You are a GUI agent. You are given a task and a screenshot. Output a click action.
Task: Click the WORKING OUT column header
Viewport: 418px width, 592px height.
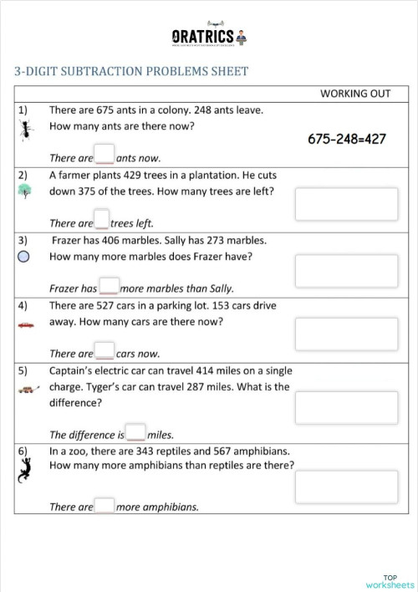(x=354, y=93)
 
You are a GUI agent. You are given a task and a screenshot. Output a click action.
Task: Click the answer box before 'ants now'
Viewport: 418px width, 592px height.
(x=104, y=154)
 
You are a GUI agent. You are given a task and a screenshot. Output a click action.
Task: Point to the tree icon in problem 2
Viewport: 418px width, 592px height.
(x=26, y=191)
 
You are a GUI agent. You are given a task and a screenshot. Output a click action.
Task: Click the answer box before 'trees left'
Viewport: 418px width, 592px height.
(x=102, y=220)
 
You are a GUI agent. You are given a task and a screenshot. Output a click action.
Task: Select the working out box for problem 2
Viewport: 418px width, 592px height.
(x=346, y=203)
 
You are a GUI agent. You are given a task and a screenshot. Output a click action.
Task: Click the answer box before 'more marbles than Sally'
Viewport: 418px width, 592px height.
(x=109, y=285)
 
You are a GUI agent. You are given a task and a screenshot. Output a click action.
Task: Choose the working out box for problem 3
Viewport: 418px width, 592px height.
(x=346, y=268)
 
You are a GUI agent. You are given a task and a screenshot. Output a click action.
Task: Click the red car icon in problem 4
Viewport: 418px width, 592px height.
(x=26, y=324)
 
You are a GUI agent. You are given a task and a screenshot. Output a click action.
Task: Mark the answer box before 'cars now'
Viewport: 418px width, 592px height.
(x=104, y=350)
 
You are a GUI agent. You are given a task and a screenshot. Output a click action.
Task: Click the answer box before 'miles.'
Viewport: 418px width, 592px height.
(x=135, y=432)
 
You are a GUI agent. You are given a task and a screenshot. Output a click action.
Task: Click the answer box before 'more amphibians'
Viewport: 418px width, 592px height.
(x=104, y=505)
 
